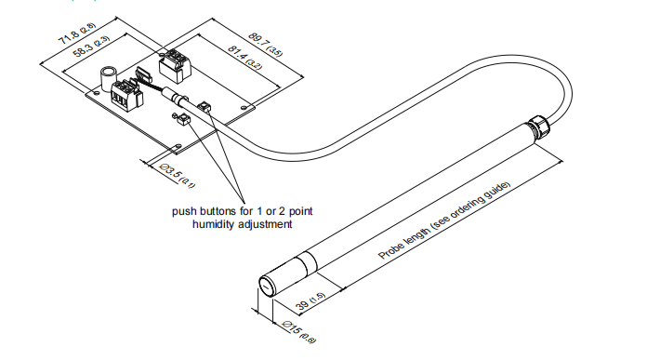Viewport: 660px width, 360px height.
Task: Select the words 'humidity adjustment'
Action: point(242,224)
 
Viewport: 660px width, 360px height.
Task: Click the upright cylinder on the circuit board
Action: point(107,77)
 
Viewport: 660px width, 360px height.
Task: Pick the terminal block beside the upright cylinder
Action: point(126,95)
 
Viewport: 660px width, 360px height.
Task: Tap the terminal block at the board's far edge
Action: point(175,66)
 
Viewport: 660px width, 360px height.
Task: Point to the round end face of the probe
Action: point(267,287)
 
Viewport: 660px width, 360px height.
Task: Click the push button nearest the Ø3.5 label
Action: point(182,119)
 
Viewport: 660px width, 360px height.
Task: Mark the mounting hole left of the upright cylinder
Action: point(98,91)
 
